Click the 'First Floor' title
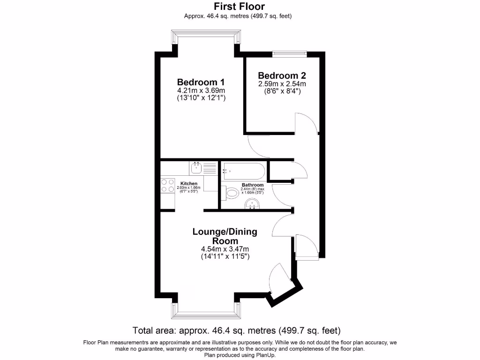(x=240, y=7)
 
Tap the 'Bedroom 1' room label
(x=201, y=82)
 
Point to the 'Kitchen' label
(x=189, y=183)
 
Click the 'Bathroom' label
(x=252, y=185)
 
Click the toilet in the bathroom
(x=232, y=193)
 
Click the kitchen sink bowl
(x=196, y=167)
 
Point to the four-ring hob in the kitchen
(x=166, y=186)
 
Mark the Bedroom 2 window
(x=289, y=54)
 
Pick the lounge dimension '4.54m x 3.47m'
(x=225, y=249)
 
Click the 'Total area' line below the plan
(x=236, y=330)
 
